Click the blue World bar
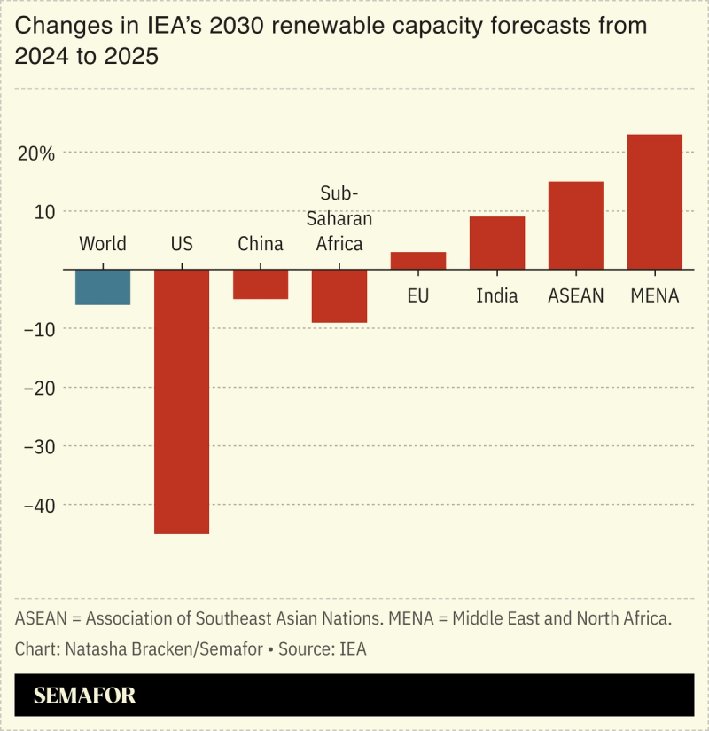click(x=103, y=287)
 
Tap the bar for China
click(x=261, y=284)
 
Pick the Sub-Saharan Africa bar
click(x=339, y=295)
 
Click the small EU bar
click(x=418, y=260)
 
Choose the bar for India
click(x=497, y=242)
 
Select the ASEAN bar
click(x=576, y=225)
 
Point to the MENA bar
click(x=655, y=201)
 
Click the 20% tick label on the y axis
click(x=35, y=153)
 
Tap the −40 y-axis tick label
click(x=36, y=505)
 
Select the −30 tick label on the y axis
click(x=36, y=446)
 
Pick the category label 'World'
click(x=103, y=244)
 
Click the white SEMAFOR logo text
click(x=85, y=696)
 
